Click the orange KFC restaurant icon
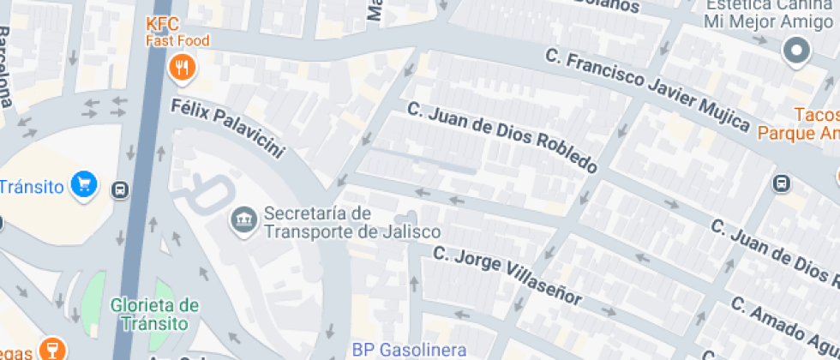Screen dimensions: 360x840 [x=180, y=67]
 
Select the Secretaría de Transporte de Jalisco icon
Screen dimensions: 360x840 [x=244, y=219]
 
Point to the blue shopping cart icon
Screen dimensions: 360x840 [x=85, y=184]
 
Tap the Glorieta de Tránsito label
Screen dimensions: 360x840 [x=154, y=314]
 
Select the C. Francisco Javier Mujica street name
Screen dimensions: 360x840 [x=647, y=88]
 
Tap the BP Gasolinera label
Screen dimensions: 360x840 [x=410, y=350]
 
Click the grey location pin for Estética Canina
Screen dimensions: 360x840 [x=797, y=51]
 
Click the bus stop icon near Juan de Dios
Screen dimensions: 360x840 [x=781, y=183]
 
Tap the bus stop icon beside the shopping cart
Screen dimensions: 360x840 [x=121, y=189]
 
